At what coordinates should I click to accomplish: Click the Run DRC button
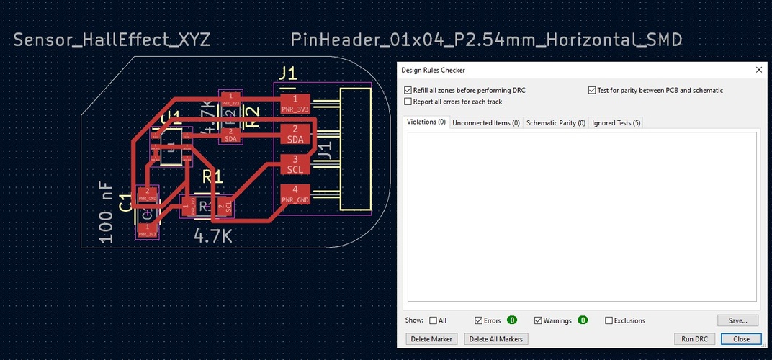pyautogui.click(x=695, y=338)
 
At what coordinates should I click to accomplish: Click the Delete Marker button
pyautogui.click(x=432, y=338)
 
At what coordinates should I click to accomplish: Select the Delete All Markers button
pyautogui.click(x=496, y=338)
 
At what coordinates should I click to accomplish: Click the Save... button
pyautogui.click(x=737, y=320)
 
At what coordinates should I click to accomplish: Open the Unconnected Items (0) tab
pyautogui.click(x=486, y=123)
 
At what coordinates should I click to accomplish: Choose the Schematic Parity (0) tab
pyautogui.click(x=555, y=123)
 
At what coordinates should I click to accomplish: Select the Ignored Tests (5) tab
pyautogui.click(x=616, y=123)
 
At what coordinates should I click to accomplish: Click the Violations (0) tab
pyautogui.click(x=426, y=122)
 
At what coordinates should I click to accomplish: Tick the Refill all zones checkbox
pyautogui.click(x=408, y=91)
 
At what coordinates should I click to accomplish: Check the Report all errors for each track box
pyautogui.click(x=408, y=102)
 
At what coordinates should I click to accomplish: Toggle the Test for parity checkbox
pyautogui.click(x=592, y=91)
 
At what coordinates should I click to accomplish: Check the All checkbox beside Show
pyautogui.click(x=434, y=320)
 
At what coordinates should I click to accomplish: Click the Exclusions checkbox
pyautogui.click(x=609, y=320)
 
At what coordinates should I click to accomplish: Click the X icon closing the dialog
pyautogui.click(x=758, y=70)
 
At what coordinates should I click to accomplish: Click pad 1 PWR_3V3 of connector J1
pyautogui.click(x=295, y=104)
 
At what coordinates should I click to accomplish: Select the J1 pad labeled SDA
pyautogui.click(x=295, y=134)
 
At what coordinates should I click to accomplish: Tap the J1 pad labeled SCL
pyautogui.click(x=295, y=164)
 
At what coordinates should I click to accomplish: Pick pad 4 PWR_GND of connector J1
pyautogui.click(x=295, y=194)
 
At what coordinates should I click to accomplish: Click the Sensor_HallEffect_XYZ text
pyautogui.click(x=112, y=40)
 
